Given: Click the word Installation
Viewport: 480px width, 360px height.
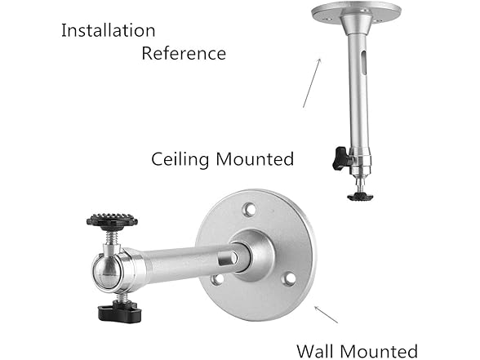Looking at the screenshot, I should pyautogui.click(x=108, y=31).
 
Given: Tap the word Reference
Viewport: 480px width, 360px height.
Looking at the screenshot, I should pyautogui.click(x=184, y=54).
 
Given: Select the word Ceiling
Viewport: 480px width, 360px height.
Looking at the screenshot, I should pyautogui.click(x=180, y=159).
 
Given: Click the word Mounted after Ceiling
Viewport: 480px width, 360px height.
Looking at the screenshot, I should pyautogui.click(x=254, y=159).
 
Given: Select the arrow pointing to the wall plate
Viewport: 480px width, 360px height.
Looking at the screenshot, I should pyautogui.click(x=327, y=314).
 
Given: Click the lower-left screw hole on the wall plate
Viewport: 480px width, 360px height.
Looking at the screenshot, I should pyautogui.click(x=216, y=280).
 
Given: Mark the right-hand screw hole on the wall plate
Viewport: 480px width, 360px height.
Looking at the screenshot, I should pyautogui.click(x=288, y=279).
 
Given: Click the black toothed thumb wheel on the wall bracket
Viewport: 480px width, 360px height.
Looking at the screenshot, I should pyautogui.click(x=112, y=220).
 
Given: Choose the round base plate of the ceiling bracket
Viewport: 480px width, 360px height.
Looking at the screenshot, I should pyautogui.click(x=357, y=12).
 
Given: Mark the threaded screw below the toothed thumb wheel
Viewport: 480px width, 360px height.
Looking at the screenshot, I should pyautogui.click(x=113, y=238).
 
